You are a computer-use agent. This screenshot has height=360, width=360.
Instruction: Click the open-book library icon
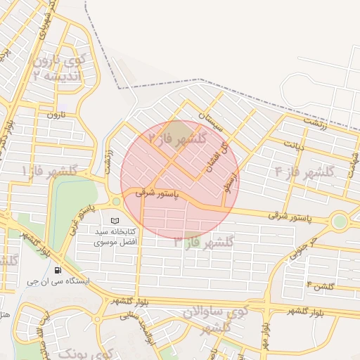pyautogui.click(x=115, y=220)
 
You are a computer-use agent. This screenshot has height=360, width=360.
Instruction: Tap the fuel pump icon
pyautogui.click(x=57, y=269)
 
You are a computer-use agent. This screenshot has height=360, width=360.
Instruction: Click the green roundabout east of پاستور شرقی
pyautogui.click(x=340, y=221)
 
